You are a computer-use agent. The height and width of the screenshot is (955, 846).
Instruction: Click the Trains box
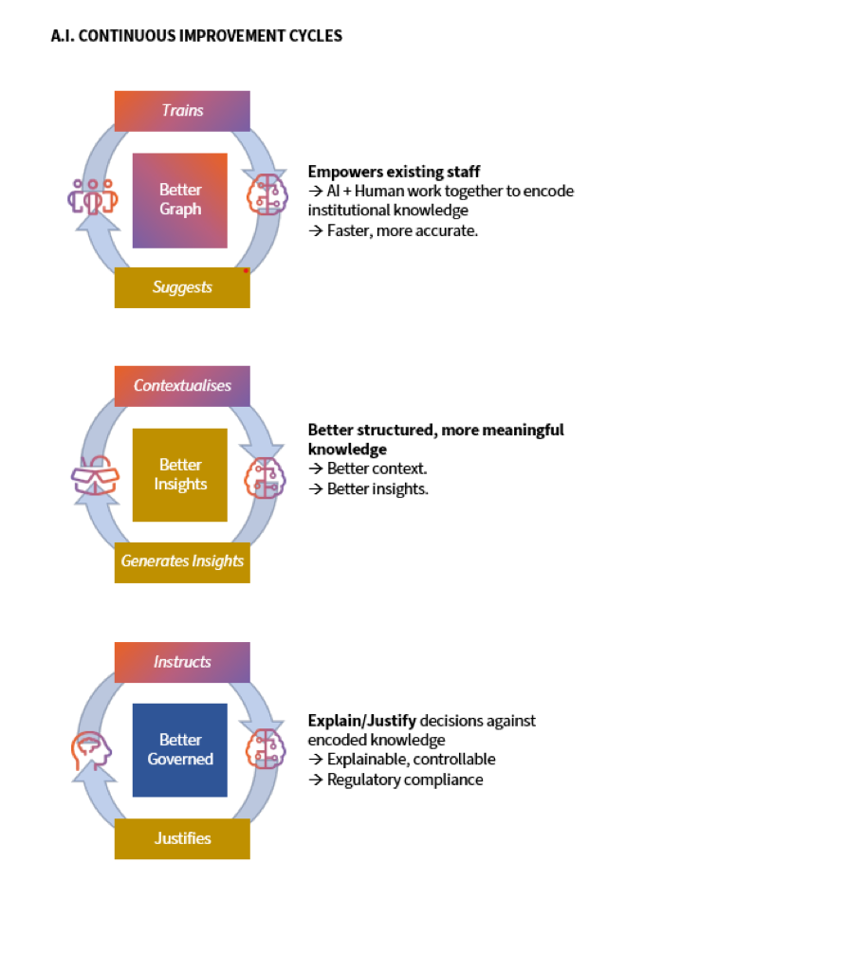click(x=182, y=111)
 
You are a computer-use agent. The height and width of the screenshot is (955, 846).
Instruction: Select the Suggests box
click(x=182, y=287)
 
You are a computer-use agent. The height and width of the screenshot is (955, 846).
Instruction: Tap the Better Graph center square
click(x=180, y=200)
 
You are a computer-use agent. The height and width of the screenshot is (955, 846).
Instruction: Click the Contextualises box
click(x=182, y=386)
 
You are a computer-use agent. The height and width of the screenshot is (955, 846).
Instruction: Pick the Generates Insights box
click(x=182, y=561)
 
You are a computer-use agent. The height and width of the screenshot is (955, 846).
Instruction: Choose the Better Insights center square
click(x=180, y=475)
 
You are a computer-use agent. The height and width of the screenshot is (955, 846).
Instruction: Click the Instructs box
click(x=182, y=662)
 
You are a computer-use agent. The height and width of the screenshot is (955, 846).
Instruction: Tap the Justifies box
click(x=182, y=838)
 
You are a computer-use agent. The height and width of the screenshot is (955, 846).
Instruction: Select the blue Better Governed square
click(x=180, y=750)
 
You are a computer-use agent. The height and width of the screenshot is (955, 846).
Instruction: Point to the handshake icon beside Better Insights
click(x=96, y=477)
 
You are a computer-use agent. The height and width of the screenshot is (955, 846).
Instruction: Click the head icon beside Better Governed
click(x=92, y=750)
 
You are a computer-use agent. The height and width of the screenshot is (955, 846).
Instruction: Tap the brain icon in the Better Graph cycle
click(x=266, y=194)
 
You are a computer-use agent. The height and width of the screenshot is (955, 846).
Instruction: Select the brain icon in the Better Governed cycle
click(x=266, y=749)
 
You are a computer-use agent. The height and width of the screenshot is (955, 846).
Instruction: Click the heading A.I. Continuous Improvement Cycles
click(x=196, y=36)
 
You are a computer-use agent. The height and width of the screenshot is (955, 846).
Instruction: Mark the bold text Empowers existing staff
click(x=394, y=172)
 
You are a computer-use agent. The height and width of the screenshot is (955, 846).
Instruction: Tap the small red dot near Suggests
click(x=246, y=270)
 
